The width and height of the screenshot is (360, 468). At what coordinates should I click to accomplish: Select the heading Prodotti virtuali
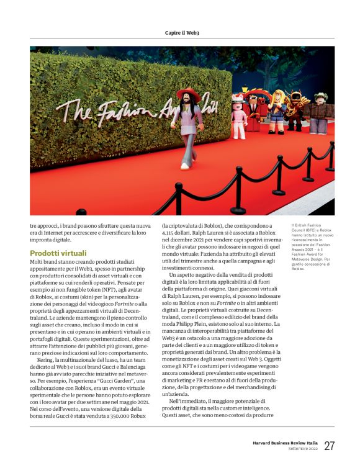pos(58,253)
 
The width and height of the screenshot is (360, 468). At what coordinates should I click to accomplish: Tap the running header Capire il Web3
pos(181,32)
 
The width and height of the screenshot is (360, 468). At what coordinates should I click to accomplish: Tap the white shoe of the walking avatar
pos(184,166)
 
